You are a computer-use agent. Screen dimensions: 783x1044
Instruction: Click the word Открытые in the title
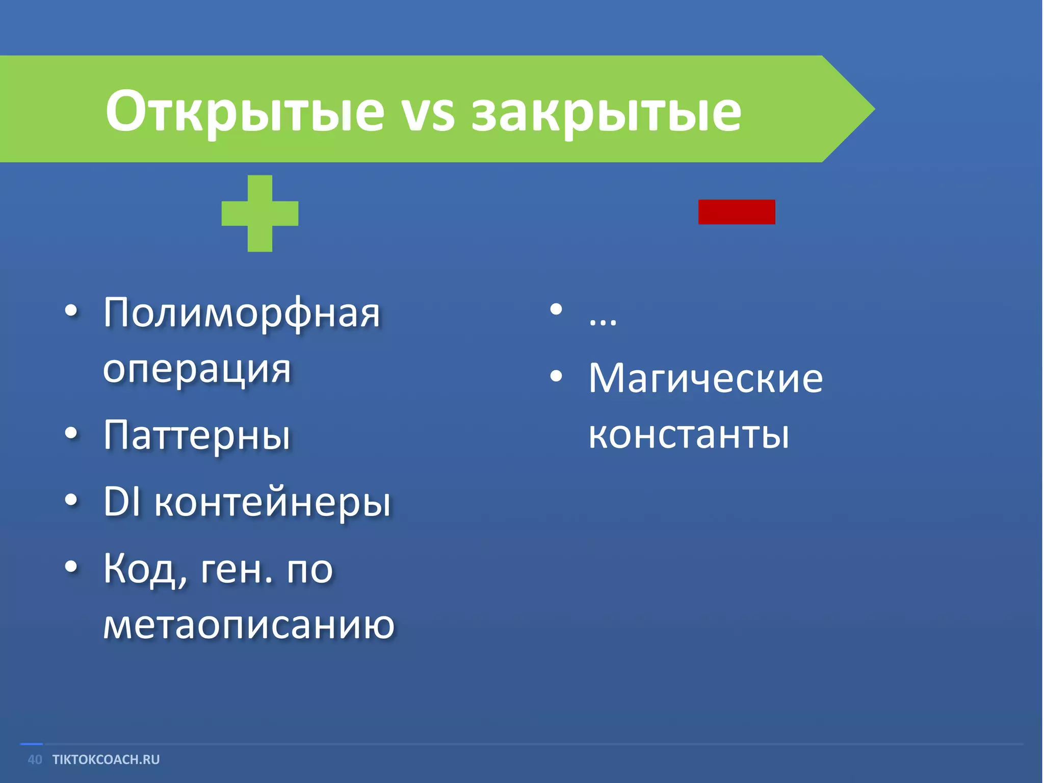[245, 111]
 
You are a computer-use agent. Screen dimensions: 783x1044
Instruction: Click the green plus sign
[260, 213]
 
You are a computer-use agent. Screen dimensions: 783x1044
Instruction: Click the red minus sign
[737, 212]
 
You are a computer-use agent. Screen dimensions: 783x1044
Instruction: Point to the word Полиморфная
[242, 314]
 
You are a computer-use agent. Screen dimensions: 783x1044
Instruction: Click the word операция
[197, 370]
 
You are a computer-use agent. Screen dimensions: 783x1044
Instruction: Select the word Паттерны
[197, 436]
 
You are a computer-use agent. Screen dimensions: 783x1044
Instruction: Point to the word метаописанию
[249, 625]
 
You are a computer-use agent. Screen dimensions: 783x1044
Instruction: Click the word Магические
[706, 379]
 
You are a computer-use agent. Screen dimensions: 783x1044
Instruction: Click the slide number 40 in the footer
[35, 760]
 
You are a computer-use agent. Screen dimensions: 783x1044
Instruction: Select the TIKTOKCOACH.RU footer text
[106, 760]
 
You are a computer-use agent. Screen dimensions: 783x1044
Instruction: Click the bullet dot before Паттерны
[71, 433]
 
